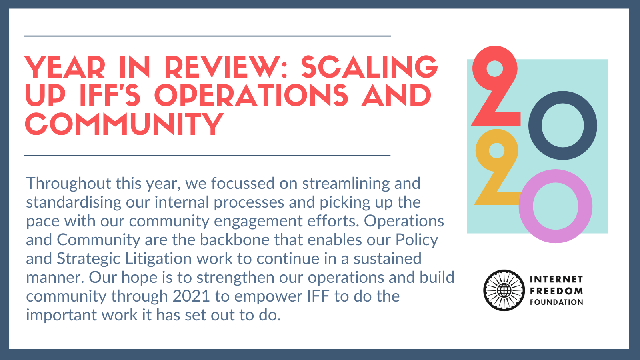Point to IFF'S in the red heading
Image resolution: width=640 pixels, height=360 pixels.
coord(110,96)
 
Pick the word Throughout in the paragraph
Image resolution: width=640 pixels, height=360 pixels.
coord(68,184)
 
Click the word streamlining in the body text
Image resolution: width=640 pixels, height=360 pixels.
coord(346,184)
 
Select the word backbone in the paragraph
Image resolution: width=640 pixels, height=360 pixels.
coord(234,240)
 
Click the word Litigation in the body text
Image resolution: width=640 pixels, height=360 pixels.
coord(158,259)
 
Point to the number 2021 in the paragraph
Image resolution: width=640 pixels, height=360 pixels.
coord(192,296)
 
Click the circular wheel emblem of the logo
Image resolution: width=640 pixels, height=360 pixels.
coord(504,290)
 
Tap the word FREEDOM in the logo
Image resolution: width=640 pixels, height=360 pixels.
coord(556,291)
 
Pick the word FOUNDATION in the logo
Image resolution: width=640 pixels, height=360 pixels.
coord(556,302)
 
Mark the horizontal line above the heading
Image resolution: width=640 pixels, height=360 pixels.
coord(207,36)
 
